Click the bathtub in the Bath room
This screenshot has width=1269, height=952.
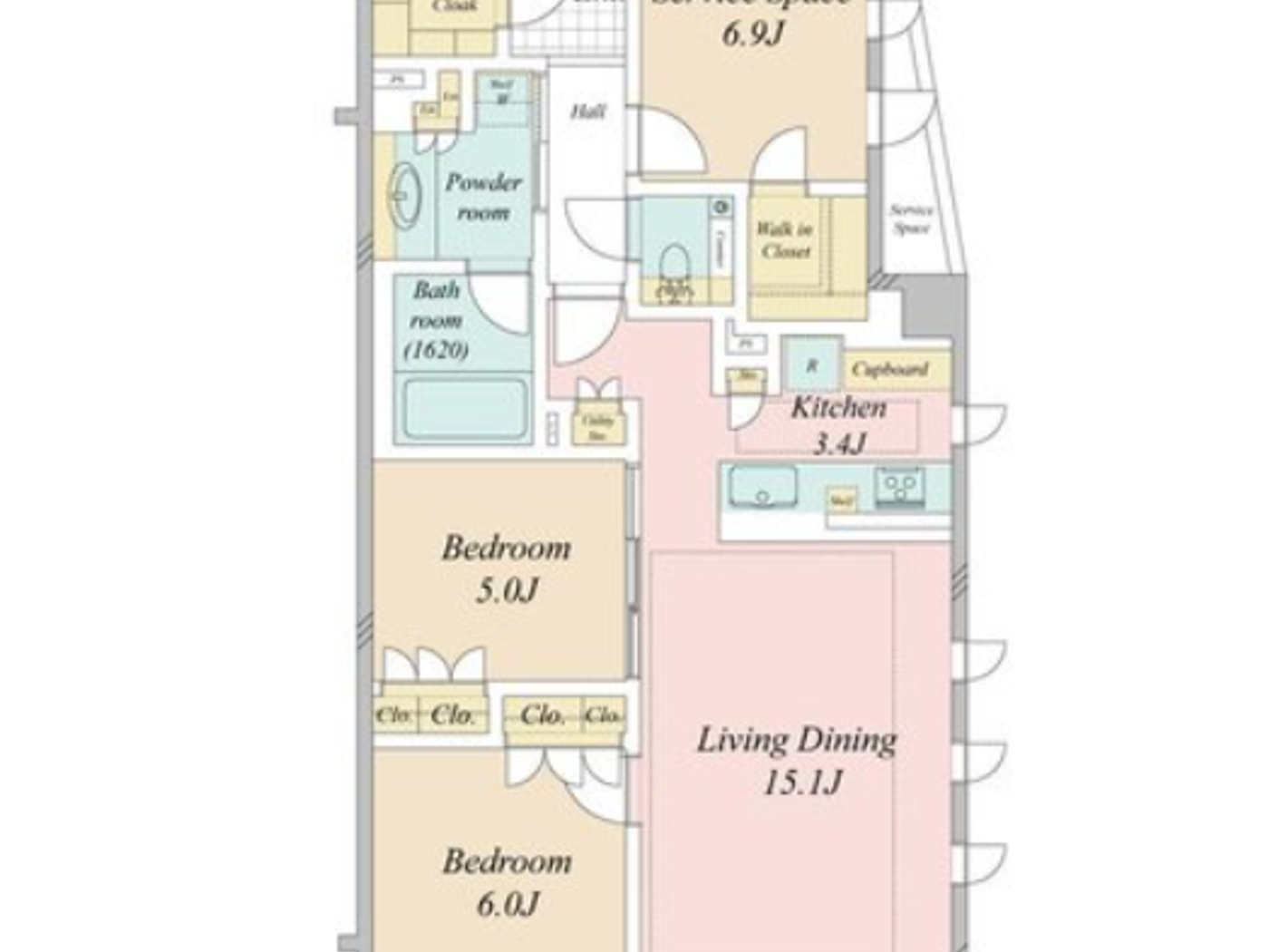click(x=465, y=409)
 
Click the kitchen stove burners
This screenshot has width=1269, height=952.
click(x=899, y=486)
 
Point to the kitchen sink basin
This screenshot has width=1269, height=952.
click(x=763, y=487)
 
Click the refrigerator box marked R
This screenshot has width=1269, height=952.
click(x=812, y=365)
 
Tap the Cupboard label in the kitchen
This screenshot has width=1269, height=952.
click(x=890, y=369)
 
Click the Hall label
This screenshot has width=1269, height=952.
click(x=588, y=112)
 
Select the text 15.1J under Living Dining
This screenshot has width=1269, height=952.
click(x=802, y=782)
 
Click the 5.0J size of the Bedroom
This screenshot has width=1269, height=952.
click(x=507, y=590)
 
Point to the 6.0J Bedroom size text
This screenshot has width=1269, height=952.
click(x=507, y=903)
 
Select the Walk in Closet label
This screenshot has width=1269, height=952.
click(x=785, y=240)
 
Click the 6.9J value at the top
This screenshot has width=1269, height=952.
click(x=752, y=34)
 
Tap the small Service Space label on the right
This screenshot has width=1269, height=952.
click(x=911, y=219)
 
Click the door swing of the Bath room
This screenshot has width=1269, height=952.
click(x=499, y=304)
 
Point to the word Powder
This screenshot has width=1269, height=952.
click(x=483, y=182)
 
